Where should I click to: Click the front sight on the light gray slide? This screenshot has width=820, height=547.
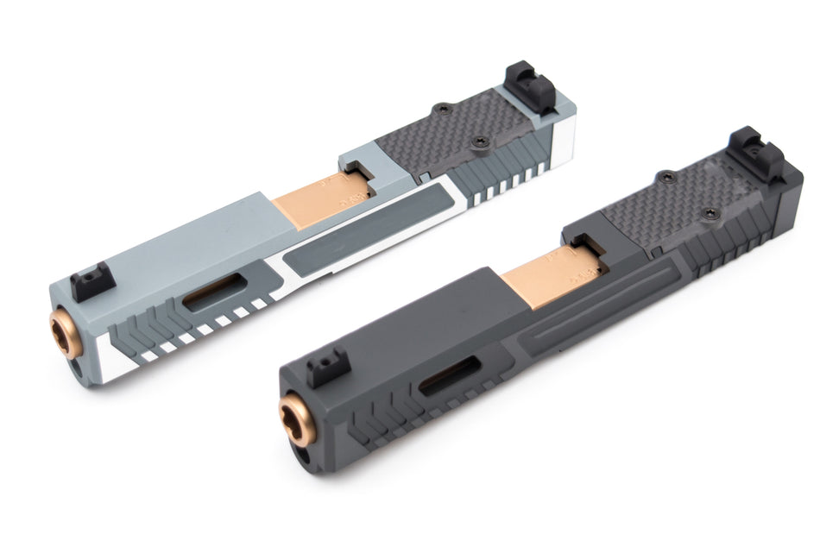click(91, 281)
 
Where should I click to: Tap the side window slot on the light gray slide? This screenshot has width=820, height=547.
click(215, 292)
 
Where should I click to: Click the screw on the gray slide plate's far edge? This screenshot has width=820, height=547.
click(442, 109)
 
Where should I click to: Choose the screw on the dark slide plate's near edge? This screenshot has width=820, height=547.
click(710, 213)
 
